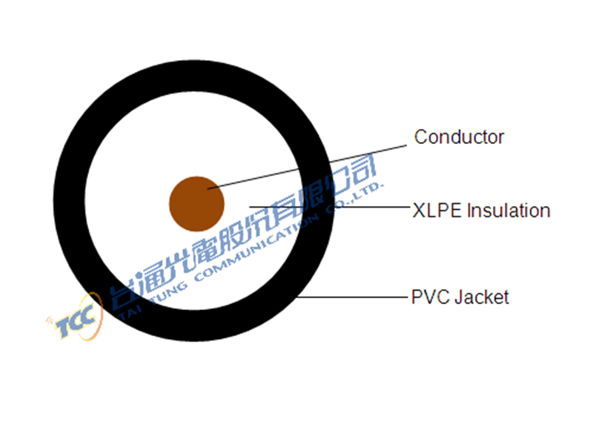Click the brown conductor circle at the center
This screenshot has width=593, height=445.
(x=196, y=204)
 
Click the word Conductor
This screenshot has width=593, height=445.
(x=459, y=137)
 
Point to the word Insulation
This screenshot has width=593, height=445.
(x=508, y=211)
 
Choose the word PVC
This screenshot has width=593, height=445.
(x=431, y=297)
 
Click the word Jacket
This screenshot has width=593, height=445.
(x=482, y=297)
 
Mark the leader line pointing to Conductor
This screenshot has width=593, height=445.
(x=307, y=167)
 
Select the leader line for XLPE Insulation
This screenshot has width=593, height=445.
(x=329, y=207)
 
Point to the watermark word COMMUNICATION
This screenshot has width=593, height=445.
(x=256, y=248)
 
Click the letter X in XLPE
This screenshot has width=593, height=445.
(x=420, y=211)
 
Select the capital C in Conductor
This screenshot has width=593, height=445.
(x=421, y=137)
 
